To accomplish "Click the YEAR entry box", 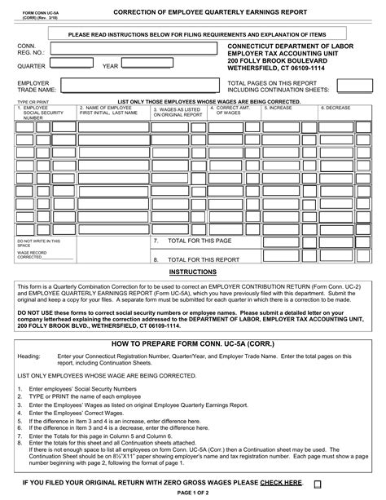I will tap(171, 65).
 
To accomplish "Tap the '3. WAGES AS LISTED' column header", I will tap(178, 111).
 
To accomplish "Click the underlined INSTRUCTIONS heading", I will tap(192, 271).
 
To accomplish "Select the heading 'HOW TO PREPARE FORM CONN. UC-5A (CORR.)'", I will tap(192, 345).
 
